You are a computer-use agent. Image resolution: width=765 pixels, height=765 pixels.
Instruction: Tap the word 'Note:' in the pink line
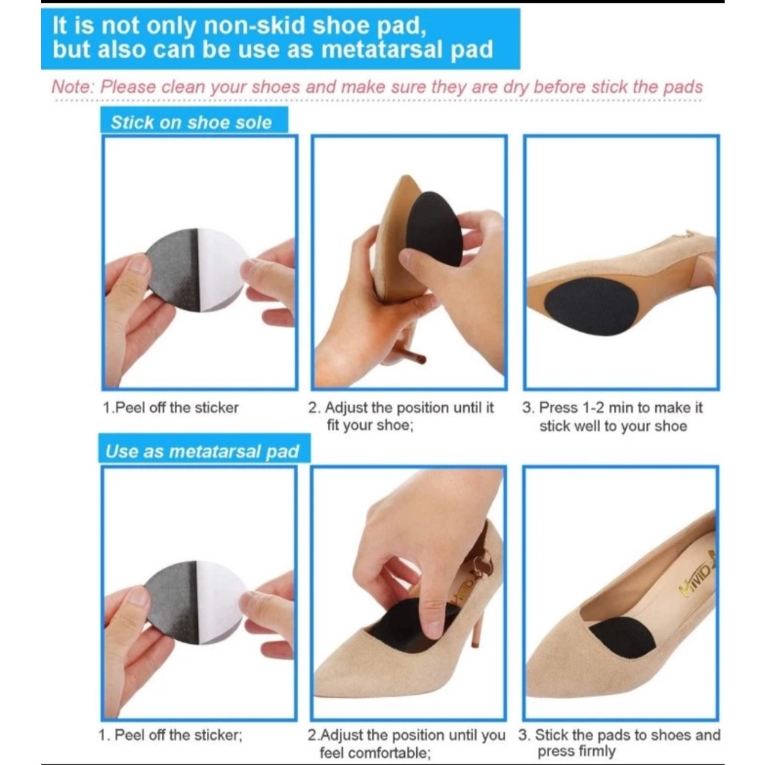(72, 87)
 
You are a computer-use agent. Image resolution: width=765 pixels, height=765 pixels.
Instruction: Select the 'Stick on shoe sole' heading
(191, 122)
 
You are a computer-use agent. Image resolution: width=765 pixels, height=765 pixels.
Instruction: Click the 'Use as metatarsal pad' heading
(202, 451)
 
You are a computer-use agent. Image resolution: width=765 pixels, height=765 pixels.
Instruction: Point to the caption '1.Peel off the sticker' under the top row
(170, 407)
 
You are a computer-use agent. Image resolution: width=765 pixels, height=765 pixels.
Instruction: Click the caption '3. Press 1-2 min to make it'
(613, 407)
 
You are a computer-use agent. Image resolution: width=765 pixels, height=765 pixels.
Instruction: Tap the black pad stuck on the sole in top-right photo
(592, 306)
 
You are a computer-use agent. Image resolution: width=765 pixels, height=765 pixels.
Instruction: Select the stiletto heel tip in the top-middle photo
(421, 360)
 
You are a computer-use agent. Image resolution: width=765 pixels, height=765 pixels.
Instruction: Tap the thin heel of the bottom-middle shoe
(477, 629)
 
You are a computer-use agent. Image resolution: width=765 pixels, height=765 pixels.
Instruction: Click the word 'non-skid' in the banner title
(252, 25)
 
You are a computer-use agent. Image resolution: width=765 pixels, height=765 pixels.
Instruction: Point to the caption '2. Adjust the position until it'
(401, 407)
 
